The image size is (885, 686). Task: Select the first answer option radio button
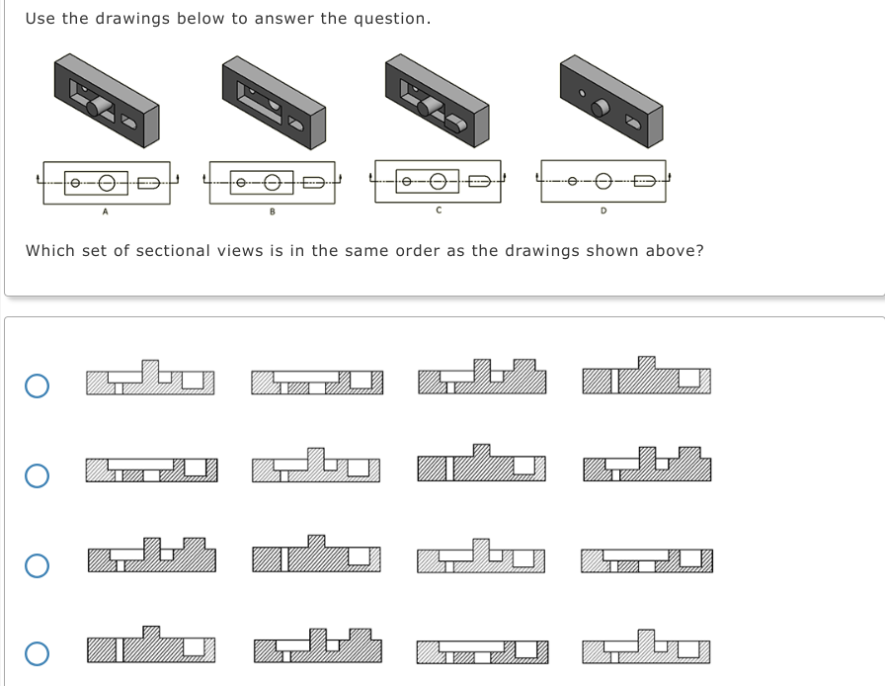click(x=37, y=386)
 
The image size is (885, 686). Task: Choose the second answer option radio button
click(x=37, y=475)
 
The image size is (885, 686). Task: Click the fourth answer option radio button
click(x=37, y=653)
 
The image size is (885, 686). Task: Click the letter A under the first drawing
click(x=105, y=211)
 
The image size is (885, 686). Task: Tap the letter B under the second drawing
click(x=272, y=211)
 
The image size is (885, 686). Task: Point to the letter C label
click(x=438, y=210)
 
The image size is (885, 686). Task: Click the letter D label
click(x=603, y=210)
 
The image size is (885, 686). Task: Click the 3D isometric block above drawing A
click(x=107, y=99)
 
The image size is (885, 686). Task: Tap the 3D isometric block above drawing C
click(x=438, y=99)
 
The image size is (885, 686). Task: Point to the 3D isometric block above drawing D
click(x=610, y=99)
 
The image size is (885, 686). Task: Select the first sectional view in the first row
click(x=149, y=377)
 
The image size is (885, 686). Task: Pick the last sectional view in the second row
click(x=647, y=466)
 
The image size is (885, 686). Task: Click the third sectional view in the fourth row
click(x=480, y=650)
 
